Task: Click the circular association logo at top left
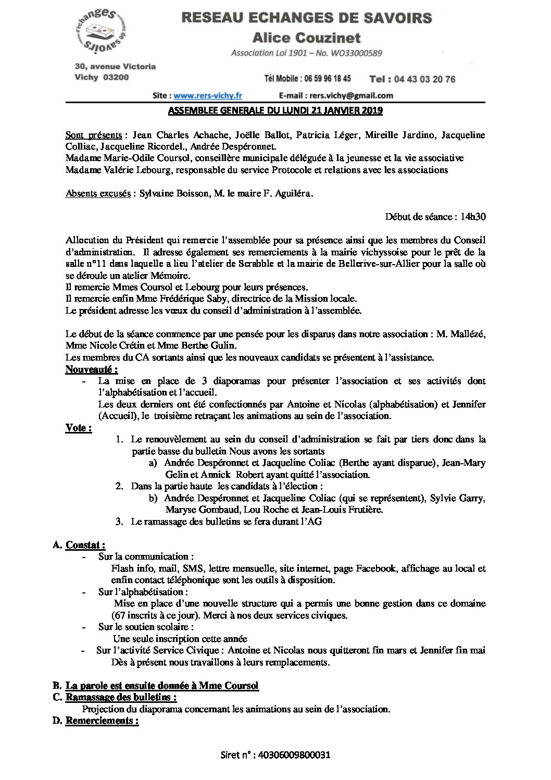102,31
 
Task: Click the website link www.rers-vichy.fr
207,95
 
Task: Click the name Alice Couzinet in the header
306,38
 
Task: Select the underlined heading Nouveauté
92,370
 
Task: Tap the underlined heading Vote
79,428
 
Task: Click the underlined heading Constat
85,545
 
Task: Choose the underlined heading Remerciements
102,721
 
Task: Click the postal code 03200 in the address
116,77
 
